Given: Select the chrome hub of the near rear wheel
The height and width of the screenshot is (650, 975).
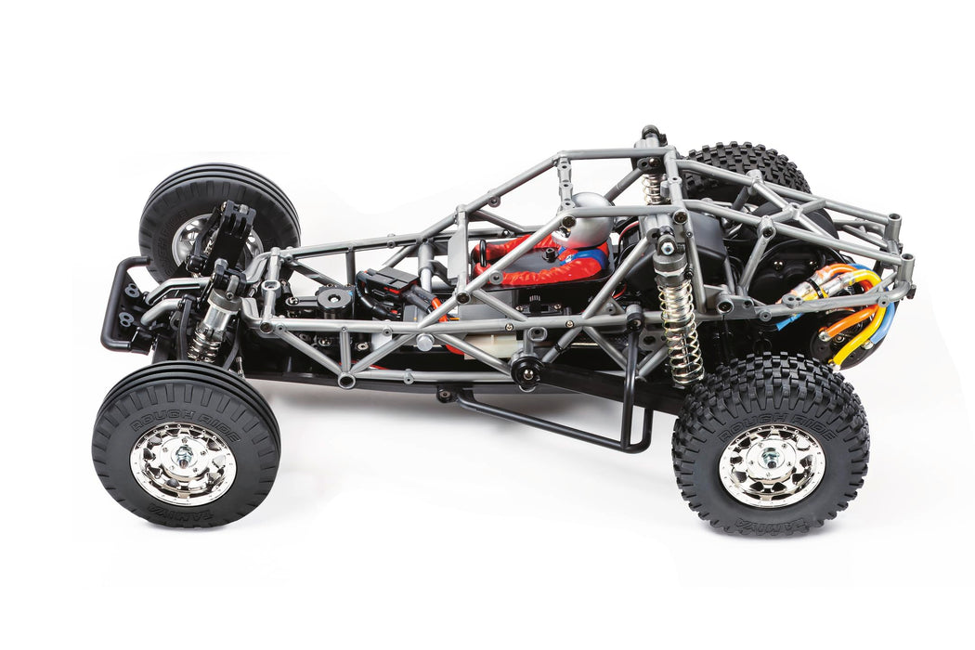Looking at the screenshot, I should click(x=771, y=461).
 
